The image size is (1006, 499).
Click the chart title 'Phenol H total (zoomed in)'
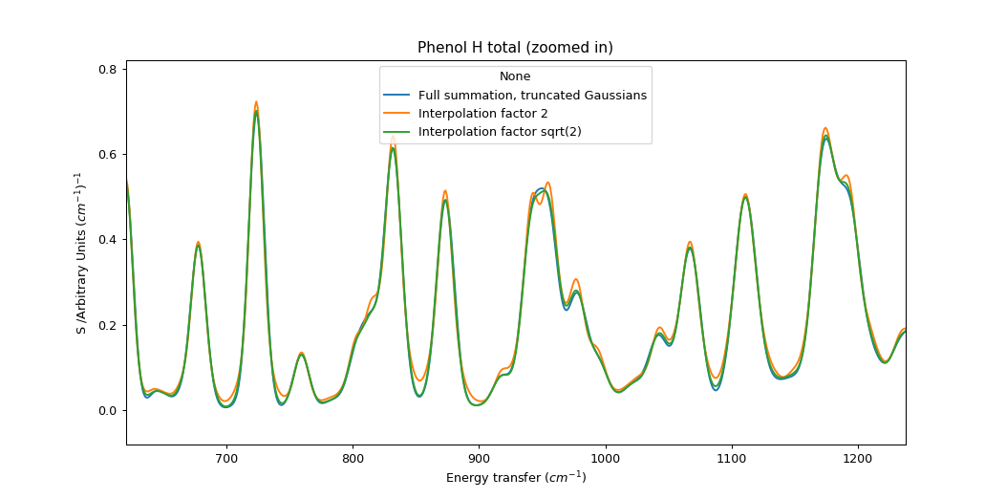point(515,48)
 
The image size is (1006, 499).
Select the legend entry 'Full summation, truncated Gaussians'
point(532,96)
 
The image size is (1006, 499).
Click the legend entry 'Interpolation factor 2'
point(483,114)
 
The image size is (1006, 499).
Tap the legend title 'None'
point(515,76)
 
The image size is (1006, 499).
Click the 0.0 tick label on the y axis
point(108,411)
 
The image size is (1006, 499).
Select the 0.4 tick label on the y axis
point(108,240)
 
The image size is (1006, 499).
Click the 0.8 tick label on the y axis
point(108,70)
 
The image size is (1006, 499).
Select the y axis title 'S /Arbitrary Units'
point(81,253)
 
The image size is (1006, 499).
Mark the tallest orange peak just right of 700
point(256,101)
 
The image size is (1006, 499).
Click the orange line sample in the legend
point(397,114)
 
